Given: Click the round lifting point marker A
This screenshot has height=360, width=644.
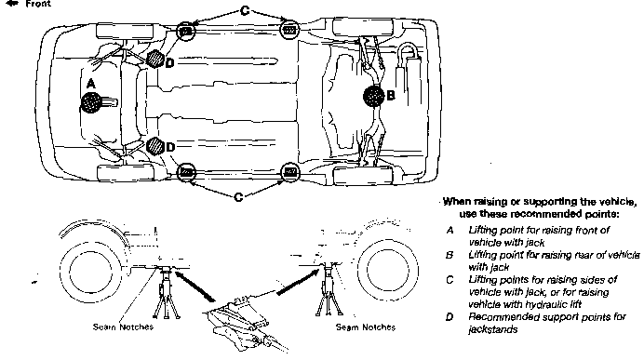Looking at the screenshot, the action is coord(91,102).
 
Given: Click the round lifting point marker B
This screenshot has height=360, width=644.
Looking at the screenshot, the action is coord(374,96).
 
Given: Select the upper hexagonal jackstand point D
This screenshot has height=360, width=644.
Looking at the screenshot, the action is coord(155,59).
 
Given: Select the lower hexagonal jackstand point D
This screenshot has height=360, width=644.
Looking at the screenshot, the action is coord(154,145).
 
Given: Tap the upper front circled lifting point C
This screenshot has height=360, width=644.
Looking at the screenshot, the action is coord(185,31).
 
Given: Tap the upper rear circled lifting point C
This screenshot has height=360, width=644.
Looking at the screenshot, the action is coord(289,29).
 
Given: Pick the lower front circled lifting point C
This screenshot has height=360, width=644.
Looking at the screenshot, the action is coord(186,172).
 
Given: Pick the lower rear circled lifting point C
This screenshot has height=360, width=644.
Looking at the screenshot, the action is coord(290,171).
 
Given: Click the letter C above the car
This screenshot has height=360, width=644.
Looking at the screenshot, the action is coord(245,10).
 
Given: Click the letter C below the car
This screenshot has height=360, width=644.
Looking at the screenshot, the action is coord(238,197).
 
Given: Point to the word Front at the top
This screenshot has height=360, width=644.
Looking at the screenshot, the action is coord(38,4).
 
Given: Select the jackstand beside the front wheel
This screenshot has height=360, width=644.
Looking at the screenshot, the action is coord(167,292).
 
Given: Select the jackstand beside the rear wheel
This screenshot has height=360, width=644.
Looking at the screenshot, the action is coord(329,289).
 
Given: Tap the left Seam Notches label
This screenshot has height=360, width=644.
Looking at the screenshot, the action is coord(123,327).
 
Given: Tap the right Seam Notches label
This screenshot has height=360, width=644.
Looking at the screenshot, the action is coord(366,327).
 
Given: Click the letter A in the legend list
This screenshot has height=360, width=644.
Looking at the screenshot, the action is coord(450,231).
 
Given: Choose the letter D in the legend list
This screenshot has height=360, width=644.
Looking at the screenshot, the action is coord(449,317).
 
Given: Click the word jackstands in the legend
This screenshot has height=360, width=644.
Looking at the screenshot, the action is coord(493,329).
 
